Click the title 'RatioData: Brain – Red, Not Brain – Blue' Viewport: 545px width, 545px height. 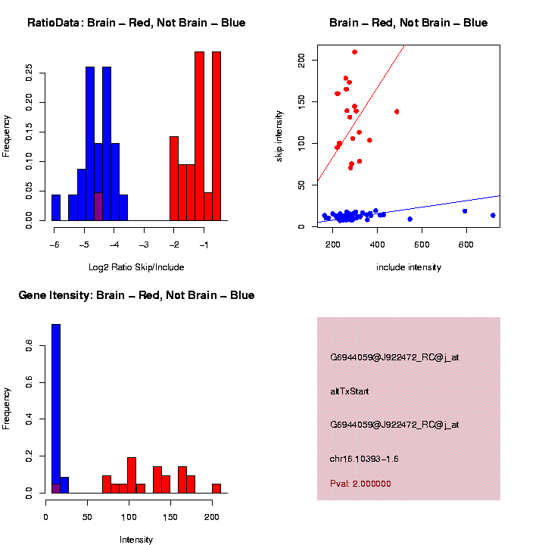[x=136, y=23]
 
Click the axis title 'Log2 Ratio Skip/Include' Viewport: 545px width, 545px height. [x=136, y=267]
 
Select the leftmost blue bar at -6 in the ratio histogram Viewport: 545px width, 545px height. [x=56, y=207]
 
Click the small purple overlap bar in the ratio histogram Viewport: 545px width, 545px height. [x=98, y=207]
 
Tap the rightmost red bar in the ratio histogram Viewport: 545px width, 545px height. [x=216, y=136]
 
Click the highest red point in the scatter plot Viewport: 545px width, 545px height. [x=354, y=52]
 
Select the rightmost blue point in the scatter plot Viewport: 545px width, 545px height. [x=493, y=215]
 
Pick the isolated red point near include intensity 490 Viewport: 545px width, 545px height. [x=397, y=111]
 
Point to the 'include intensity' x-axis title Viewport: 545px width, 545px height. [x=409, y=267]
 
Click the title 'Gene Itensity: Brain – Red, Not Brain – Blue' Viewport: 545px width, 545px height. [x=136, y=295]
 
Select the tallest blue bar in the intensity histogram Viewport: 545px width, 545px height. [x=56, y=409]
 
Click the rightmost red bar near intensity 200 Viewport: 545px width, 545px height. [x=216, y=488]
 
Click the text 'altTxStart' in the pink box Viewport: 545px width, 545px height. [x=350, y=391]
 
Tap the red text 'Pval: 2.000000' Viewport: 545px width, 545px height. [x=360, y=484]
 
